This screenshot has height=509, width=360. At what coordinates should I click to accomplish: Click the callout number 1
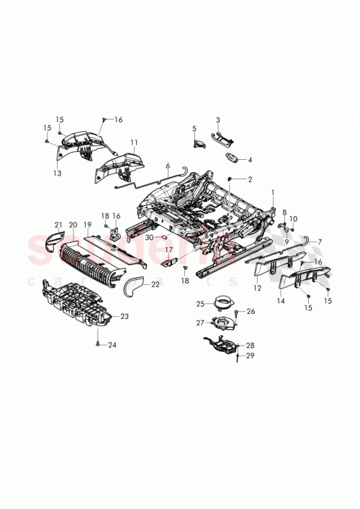tap(273, 193)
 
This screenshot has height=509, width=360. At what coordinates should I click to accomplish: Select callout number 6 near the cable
tap(168, 166)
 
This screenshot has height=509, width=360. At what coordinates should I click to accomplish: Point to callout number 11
tap(133, 143)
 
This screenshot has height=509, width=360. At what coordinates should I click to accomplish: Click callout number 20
tap(72, 225)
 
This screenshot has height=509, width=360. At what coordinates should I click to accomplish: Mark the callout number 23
tap(125, 316)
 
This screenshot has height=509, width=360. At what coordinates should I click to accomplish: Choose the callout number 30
tap(149, 236)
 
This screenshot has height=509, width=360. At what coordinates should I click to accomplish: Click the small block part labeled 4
tap(234, 158)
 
